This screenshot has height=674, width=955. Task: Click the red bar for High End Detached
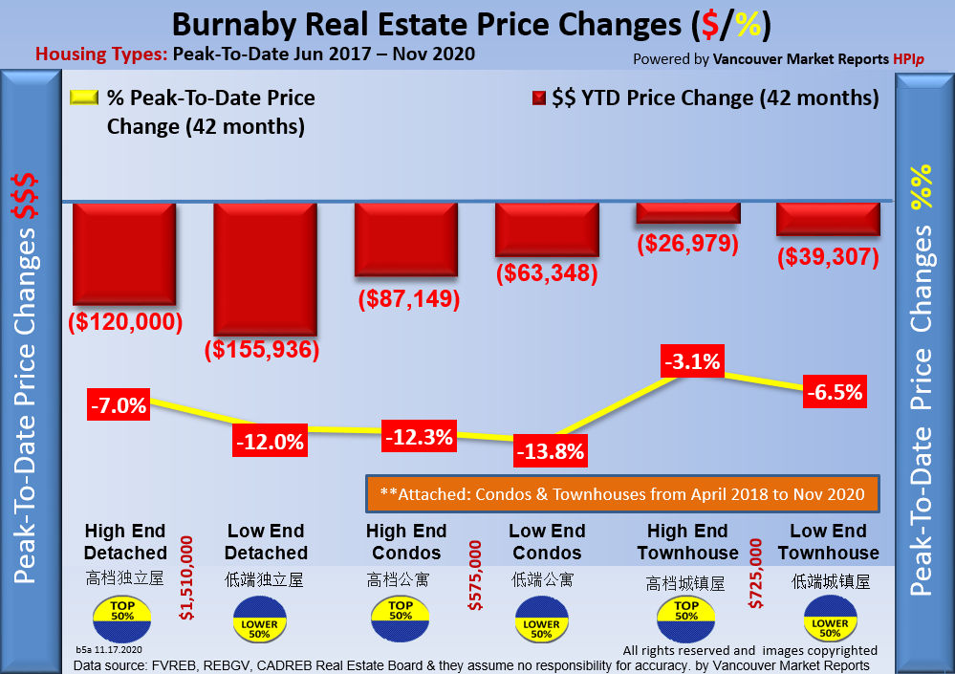click(124, 252)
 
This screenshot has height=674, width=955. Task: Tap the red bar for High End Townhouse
click(687, 212)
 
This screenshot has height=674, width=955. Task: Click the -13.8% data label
click(549, 451)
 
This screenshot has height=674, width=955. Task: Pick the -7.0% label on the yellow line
click(119, 405)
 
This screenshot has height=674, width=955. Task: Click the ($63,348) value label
click(547, 273)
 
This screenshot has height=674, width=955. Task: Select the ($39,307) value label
click(828, 257)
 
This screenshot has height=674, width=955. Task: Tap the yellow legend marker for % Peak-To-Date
click(83, 98)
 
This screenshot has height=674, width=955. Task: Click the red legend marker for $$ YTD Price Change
click(538, 98)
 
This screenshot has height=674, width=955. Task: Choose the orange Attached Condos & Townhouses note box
click(621, 494)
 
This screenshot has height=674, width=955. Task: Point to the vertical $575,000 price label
click(475, 576)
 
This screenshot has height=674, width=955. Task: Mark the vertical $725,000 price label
click(756, 576)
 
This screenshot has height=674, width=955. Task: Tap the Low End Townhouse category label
click(828, 542)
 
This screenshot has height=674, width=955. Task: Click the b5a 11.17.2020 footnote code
click(109, 649)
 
